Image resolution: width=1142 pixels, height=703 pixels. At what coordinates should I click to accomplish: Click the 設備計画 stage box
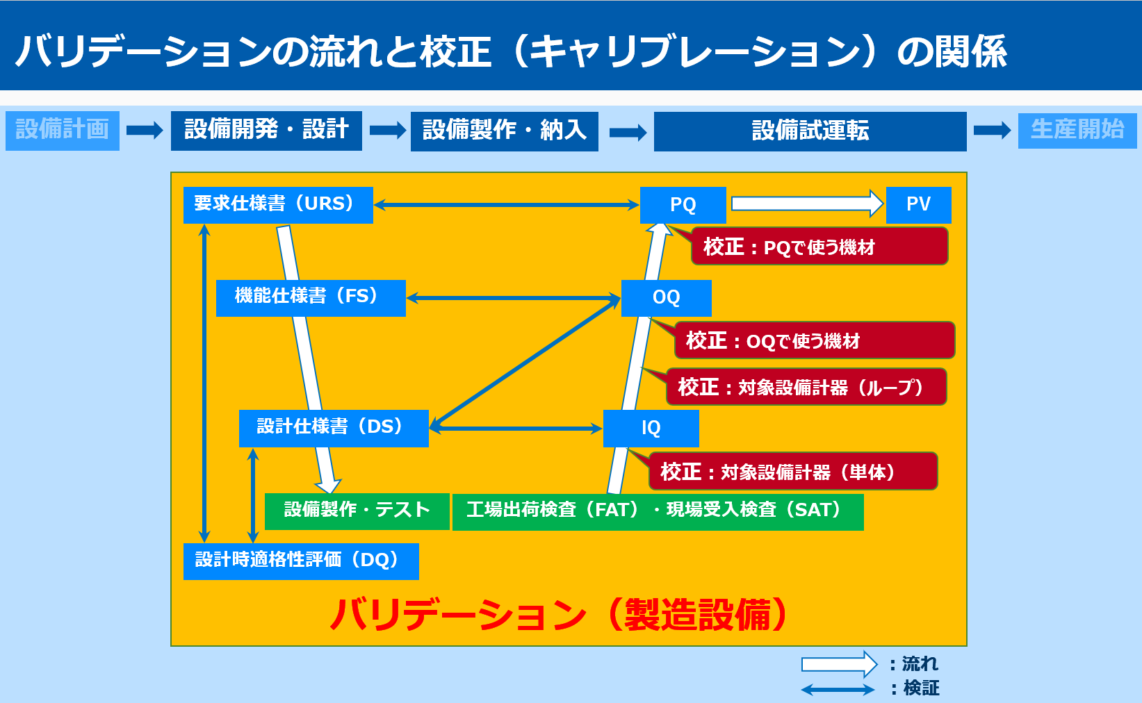tap(62, 131)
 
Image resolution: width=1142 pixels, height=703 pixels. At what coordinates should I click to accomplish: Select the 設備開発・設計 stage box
tap(266, 131)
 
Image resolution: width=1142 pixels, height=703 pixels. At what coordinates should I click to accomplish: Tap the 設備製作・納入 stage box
tap(504, 131)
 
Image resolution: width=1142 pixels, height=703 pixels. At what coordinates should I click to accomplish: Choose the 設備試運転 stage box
tap(810, 131)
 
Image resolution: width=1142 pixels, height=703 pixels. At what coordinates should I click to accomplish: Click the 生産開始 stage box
tap(1077, 130)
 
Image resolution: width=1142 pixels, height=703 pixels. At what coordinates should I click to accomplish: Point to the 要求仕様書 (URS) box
tap(278, 205)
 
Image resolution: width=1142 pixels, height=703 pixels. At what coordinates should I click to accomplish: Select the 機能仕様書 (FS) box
tap(311, 298)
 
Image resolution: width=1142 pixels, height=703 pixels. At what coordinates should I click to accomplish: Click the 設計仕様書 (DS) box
tap(334, 428)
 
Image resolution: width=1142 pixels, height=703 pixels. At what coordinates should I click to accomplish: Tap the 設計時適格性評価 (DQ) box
tap(301, 561)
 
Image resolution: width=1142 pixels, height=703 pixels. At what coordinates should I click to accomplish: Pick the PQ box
tap(683, 205)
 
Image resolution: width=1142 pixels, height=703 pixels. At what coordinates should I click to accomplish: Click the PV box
tap(918, 205)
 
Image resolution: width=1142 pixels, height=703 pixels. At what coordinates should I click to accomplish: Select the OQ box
tap(666, 298)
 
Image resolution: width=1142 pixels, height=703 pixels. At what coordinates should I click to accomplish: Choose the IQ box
tap(651, 428)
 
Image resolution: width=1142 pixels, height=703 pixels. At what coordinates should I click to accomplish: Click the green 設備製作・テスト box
tap(357, 511)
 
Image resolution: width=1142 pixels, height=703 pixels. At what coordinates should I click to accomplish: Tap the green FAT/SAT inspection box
tap(658, 511)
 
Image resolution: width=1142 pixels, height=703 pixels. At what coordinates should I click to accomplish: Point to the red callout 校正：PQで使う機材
tap(819, 247)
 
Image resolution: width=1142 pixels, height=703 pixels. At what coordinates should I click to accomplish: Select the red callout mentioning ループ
tap(806, 387)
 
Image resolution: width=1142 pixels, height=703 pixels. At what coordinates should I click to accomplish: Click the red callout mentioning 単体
tap(793, 471)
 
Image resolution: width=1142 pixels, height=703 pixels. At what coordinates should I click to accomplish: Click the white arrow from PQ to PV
tap(807, 204)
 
